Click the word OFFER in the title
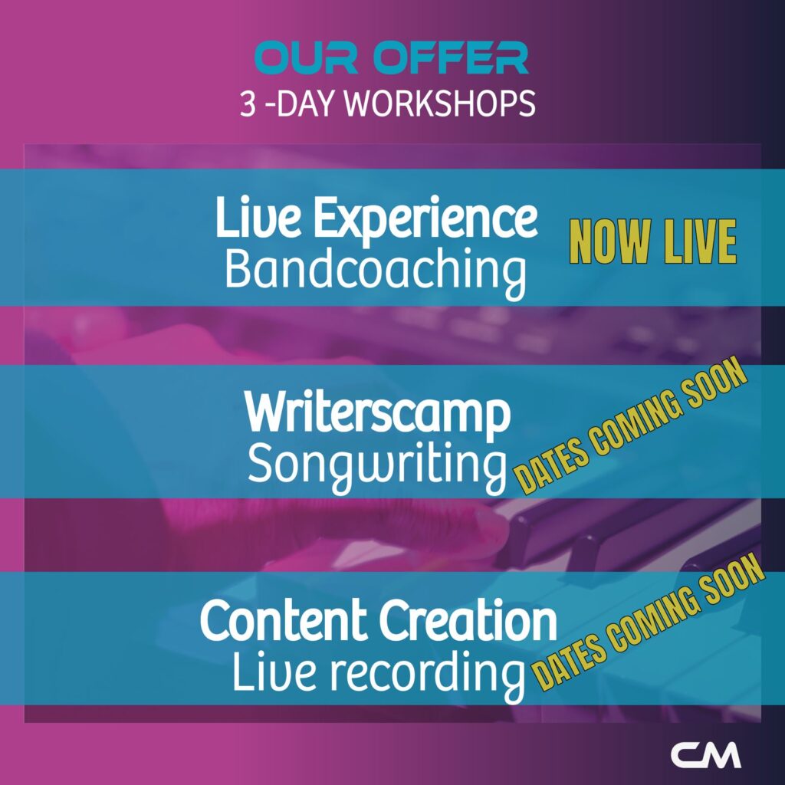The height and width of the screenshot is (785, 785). point(451,57)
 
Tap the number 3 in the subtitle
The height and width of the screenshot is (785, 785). point(248,104)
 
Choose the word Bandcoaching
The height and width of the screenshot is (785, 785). point(376,271)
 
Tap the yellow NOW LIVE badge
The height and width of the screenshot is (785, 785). point(653,241)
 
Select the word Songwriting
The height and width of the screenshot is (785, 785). point(377,465)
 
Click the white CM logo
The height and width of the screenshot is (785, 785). point(706,754)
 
